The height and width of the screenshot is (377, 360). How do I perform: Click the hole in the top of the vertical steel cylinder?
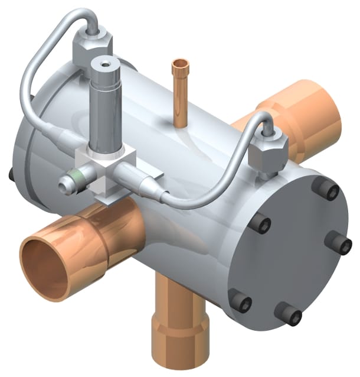click(x=106, y=61)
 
